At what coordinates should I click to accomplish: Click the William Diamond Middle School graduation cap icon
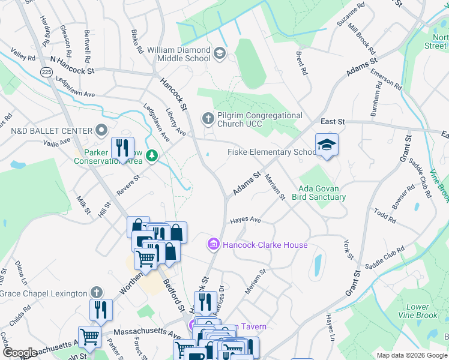click(220, 54)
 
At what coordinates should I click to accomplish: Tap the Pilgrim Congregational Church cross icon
click(208, 118)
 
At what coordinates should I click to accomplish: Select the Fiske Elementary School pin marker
click(327, 146)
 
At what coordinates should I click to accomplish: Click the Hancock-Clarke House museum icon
click(212, 245)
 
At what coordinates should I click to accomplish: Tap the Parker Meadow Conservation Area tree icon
click(152, 156)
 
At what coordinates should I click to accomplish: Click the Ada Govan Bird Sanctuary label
click(319, 192)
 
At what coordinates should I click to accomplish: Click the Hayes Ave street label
click(246, 221)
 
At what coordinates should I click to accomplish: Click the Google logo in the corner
click(20, 353)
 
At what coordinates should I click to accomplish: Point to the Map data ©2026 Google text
click(412, 355)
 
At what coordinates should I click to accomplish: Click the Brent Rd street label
click(301, 63)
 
